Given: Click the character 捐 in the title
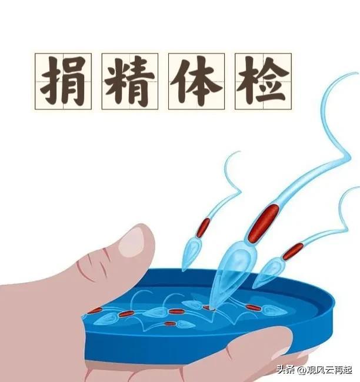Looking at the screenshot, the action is [x=63, y=81].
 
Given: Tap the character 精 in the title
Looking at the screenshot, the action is [x=129, y=81].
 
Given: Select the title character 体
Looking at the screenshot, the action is [x=196, y=81].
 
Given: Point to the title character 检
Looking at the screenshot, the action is [x=263, y=81].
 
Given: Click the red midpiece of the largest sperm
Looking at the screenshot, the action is [x=263, y=223].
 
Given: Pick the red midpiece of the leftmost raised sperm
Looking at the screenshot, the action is [x=203, y=228].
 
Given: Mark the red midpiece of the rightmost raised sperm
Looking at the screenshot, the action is [x=293, y=252].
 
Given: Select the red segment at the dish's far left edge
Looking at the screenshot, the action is [x=95, y=310].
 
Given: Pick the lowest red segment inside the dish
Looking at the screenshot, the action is [x=170, y=324].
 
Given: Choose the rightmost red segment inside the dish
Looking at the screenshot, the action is [x=253, y=308].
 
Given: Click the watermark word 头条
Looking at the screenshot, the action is [x=285, y=370].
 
